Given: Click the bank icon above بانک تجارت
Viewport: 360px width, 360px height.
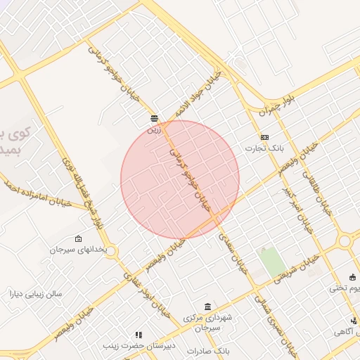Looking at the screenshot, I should coord(264,137).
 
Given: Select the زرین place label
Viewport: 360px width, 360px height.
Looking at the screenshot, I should coord(154,129).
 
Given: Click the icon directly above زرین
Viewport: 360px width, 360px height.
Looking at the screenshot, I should coord(154,118).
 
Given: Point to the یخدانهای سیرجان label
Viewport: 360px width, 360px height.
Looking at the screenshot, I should coord(78,250).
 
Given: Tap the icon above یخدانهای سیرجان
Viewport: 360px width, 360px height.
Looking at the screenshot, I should coord(78,238).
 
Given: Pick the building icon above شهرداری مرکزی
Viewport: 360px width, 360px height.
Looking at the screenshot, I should coord(207,307).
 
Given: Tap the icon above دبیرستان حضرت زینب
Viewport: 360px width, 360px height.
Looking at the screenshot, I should coord(139,335).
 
